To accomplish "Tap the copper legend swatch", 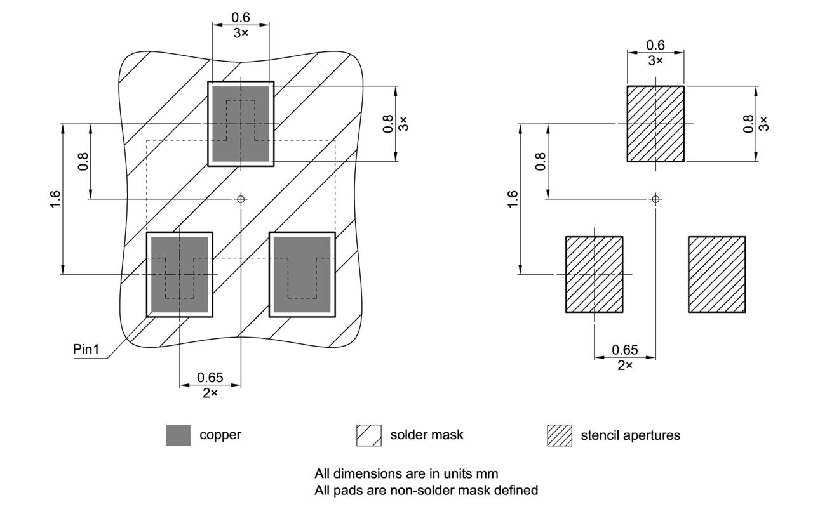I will click(x=178, y=435).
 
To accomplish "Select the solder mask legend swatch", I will click(x=368, y=435).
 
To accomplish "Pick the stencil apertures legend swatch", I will click(x=559, y=435).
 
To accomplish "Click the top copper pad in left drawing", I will click(x=241, y=124).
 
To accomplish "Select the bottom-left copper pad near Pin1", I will click(x=180, y=274).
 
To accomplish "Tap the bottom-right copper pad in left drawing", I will click(x=302, y=274).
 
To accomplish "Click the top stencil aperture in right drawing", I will click(x=655, y=124).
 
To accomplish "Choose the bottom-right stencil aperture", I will click(x=716, y=274).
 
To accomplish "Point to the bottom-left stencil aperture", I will click(x=594, y=274).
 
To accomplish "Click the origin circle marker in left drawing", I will click(x=241, y=199).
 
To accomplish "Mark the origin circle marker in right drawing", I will click(x=655, y=199).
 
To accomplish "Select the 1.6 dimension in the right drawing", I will click(x=513, y=199).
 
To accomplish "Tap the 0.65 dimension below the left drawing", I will click(x=210, y=378).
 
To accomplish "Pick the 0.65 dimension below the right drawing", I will click(x=624, y=350).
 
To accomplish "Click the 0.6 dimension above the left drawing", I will click(x=241, y=18).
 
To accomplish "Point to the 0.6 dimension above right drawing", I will click(x=655, y=45).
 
